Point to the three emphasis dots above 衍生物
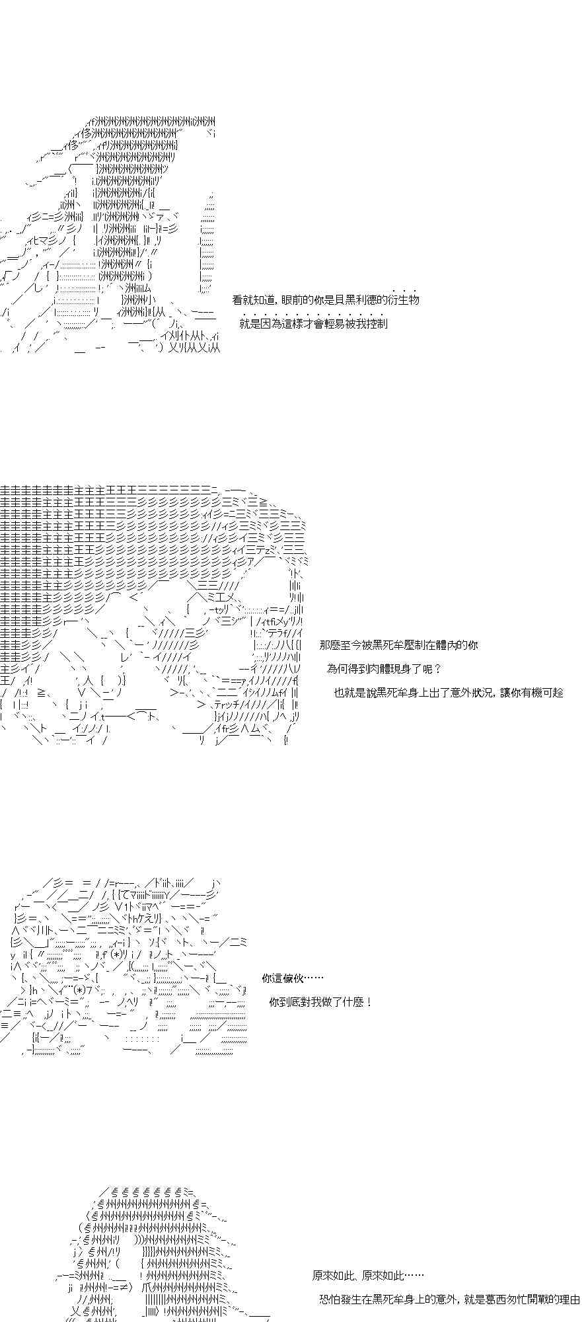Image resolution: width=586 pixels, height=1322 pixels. point(404,290)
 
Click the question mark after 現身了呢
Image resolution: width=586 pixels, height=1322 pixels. point(437,668)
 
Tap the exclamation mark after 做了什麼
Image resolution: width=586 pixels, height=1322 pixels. point(368,1001)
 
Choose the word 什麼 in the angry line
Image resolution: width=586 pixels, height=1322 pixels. point(354,1001)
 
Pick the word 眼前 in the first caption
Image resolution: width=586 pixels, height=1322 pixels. point(290,299)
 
